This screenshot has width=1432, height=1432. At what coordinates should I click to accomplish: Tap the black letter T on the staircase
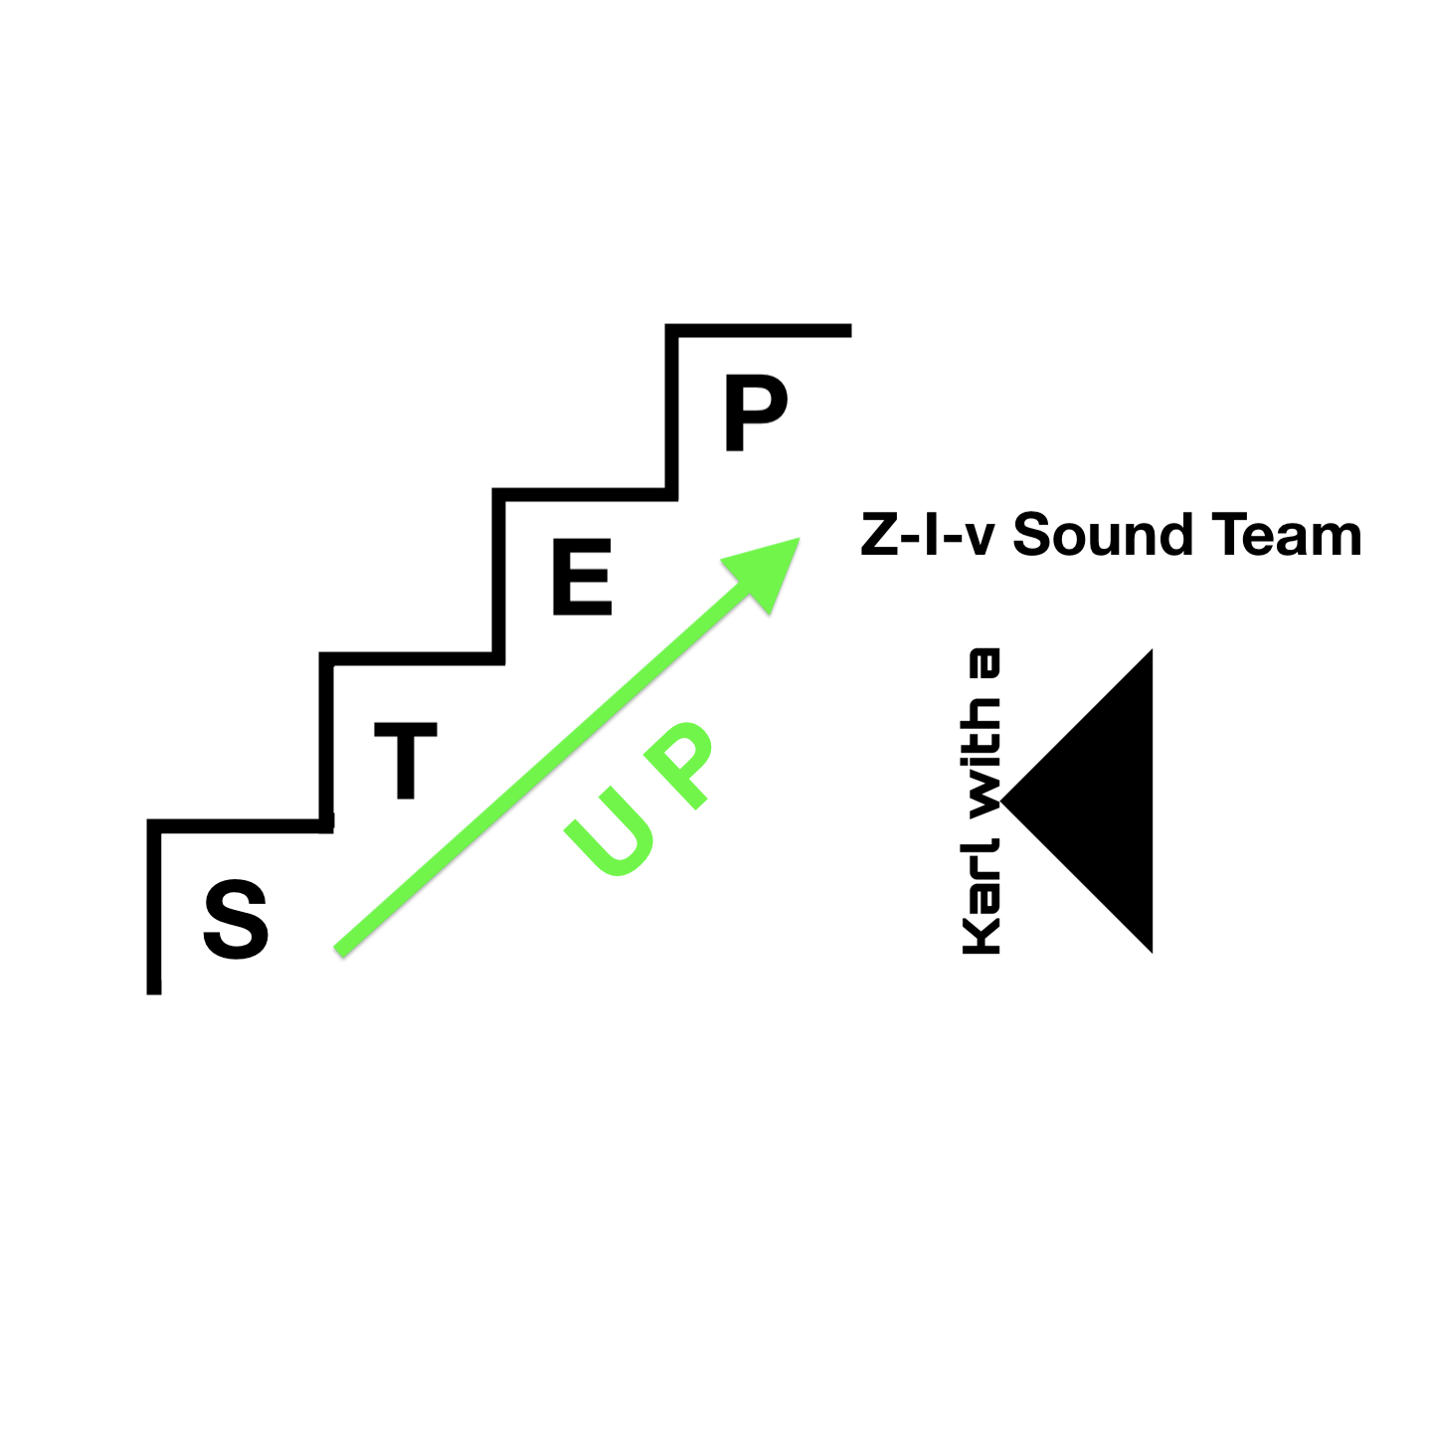click(x=405, y=760)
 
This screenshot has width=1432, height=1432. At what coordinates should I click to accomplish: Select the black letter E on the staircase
click(x=582, y=577)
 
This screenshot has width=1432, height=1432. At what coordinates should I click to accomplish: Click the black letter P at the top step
click(x=756, y=413)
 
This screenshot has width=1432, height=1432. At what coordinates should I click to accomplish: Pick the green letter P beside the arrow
click(x=678, y=764)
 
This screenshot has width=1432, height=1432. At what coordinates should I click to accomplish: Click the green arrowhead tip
click(x=800, y=538)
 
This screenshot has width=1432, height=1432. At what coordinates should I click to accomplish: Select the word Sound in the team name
click(x=1103, y=535)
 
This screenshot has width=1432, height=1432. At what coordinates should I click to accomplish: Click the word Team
click(x=1287, y=535)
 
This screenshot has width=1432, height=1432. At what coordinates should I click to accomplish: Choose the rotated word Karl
click(x=981, y=895)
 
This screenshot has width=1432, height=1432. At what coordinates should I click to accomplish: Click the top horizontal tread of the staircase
click(x=758, y=331)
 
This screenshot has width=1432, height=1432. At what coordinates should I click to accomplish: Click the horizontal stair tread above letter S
click(x=240, y=825)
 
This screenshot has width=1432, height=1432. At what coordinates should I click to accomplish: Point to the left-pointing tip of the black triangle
click(x=1001, y=802)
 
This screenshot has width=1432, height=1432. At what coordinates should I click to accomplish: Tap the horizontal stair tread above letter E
click(x=585, y=495)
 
